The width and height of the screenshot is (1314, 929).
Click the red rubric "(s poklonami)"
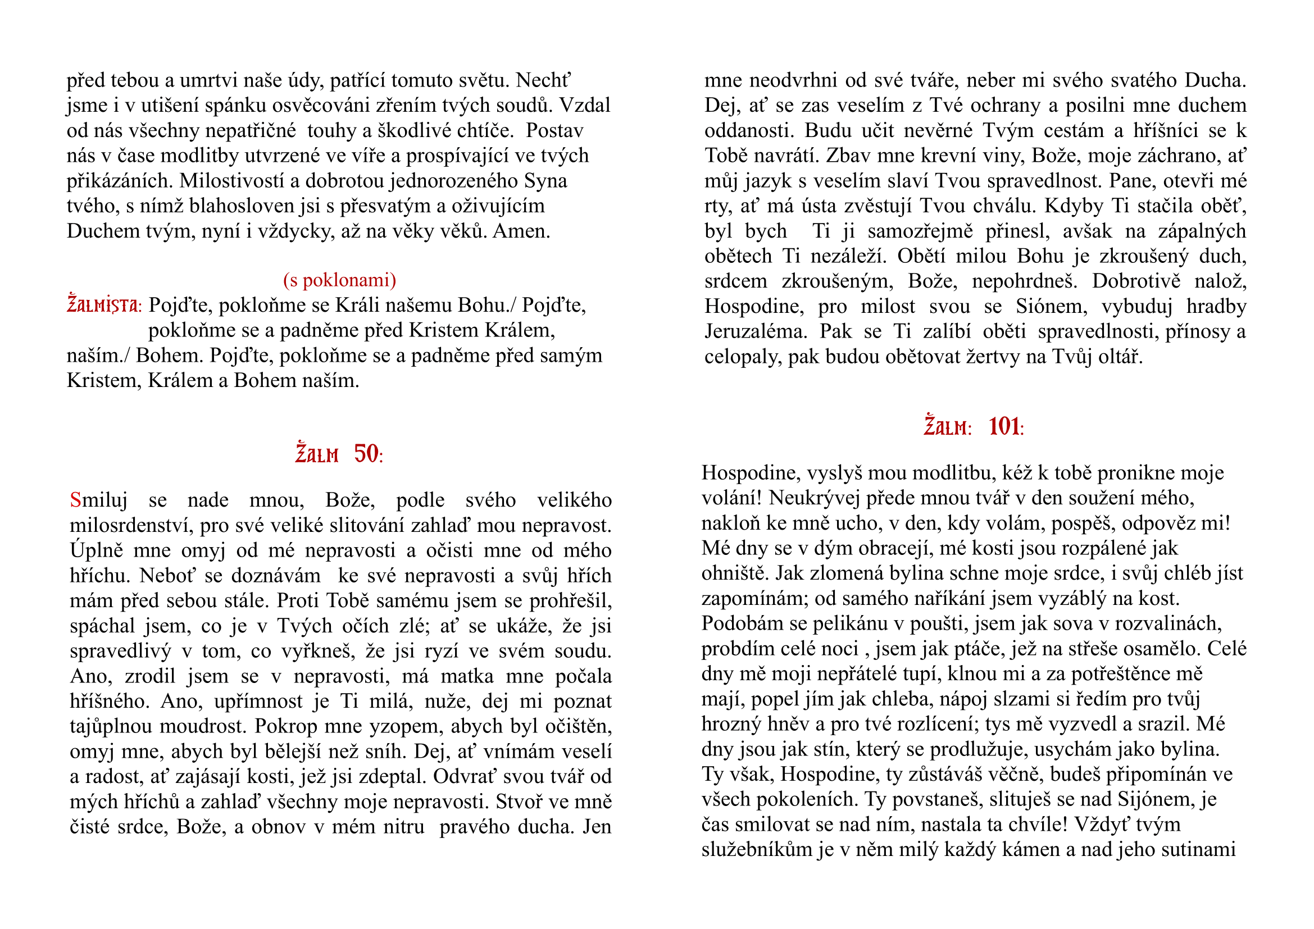click(339, 280)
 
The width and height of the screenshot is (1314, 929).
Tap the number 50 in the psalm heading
click(366, 454)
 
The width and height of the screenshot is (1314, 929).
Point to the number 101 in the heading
click(1004, 427)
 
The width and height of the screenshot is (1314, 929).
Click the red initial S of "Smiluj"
click(75, 500)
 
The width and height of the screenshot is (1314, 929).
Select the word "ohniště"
click(735, 573)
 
